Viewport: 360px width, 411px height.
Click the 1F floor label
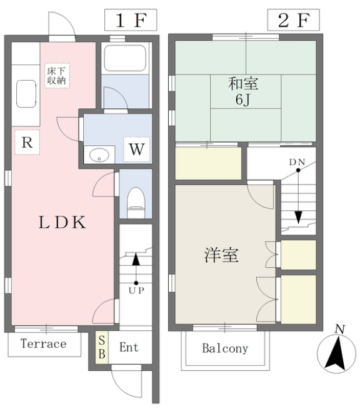[x=131, y=20]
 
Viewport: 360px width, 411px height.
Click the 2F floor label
[x=293, y=20]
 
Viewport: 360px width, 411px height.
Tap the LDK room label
[x=62, y=222]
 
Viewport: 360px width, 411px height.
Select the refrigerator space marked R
[x=27, y=142]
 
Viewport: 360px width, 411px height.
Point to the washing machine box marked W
[x=137, y=149]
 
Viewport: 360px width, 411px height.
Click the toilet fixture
[x=136, y=202]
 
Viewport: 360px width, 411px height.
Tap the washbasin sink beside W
[x=99, y=155]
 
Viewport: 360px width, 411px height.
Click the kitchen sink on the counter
[x=26, y=94]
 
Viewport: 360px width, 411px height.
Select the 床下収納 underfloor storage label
[x=56, y=76]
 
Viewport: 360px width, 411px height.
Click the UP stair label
[x=136, y=290]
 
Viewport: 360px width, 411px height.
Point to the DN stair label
[x=297, y=162]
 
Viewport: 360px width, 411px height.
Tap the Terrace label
[x=44, y=344]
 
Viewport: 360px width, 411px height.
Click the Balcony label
[x=225, y=348]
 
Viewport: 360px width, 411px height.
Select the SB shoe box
[x=102, y=347]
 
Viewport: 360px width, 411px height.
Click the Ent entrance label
[x=129, y=347]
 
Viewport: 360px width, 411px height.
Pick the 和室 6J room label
[x=243, y=91]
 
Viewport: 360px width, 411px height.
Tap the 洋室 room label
[x=221, y=255]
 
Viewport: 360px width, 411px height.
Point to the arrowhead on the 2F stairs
[x=298, y=217]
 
